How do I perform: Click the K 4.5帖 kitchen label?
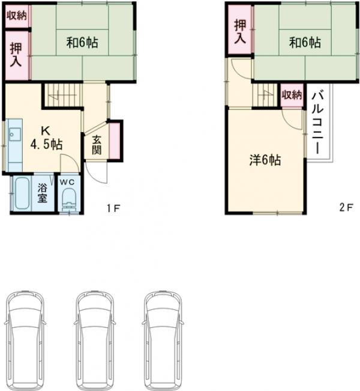46,138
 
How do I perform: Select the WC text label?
68,182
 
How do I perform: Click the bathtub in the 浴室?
22,194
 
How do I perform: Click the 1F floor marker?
113,208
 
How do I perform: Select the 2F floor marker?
346,207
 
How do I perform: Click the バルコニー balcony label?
317,123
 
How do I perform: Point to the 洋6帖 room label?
265,160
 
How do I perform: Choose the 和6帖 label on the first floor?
82,43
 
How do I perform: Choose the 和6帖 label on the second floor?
305,43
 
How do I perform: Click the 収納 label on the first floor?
16,16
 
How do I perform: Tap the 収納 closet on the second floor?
292,95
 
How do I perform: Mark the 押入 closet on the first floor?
16,55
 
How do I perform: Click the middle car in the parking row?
95,341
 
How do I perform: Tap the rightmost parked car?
163,341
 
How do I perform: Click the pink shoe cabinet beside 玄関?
115,141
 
